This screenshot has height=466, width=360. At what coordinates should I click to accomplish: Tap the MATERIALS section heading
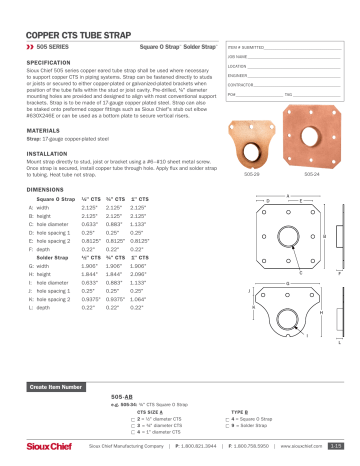44,130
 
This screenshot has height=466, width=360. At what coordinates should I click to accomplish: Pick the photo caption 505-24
311,173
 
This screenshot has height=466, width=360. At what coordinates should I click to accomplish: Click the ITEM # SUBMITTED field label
249,47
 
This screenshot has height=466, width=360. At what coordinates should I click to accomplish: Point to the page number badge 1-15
338,447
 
